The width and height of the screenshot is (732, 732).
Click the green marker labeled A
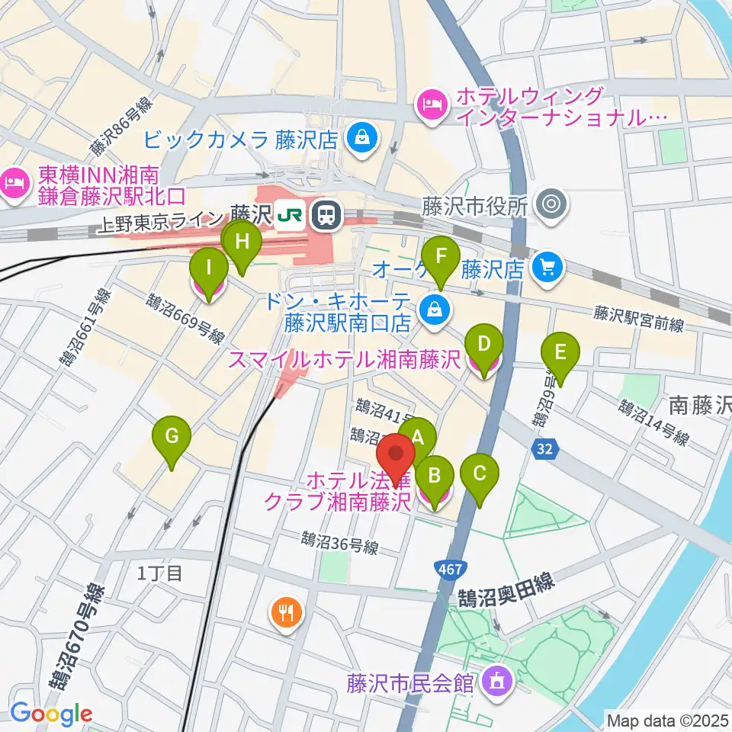417,437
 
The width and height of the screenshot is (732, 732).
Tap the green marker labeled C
480,473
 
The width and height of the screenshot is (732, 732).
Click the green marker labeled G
172,436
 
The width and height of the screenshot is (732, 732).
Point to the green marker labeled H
242,242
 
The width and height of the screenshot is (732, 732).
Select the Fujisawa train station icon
326,215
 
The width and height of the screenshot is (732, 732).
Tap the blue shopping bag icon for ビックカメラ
358,138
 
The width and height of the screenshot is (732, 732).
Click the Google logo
52,714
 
